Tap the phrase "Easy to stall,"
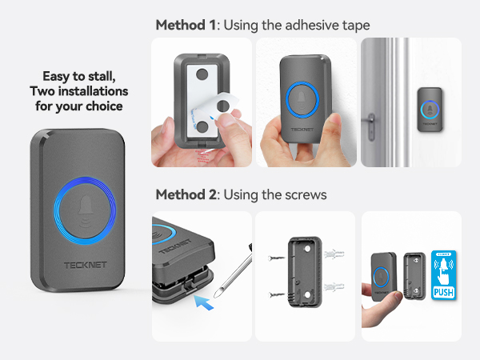coord(77,77)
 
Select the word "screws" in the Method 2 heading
coord(306,194)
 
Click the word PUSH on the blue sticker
coord(443,293)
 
